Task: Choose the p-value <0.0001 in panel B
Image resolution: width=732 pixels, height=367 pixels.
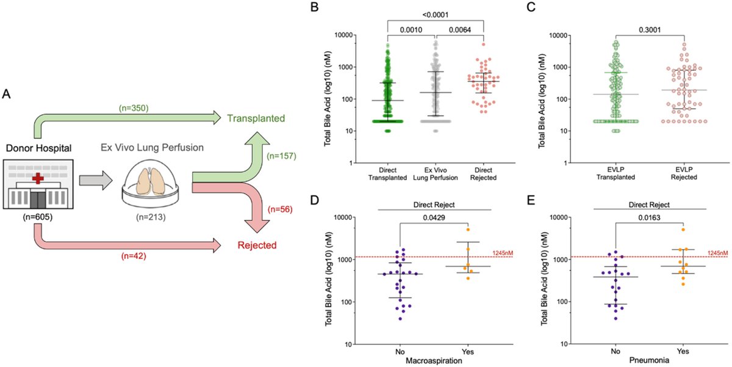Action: coord(435,12)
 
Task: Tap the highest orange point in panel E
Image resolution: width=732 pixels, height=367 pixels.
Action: coord(684,230)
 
